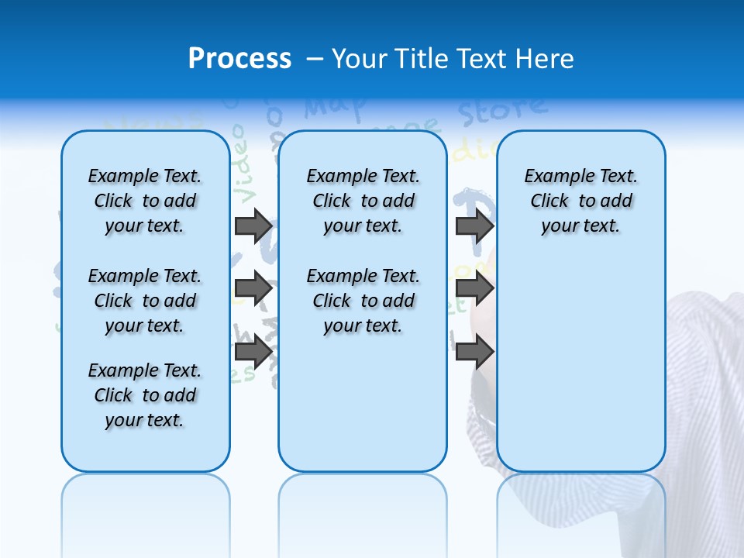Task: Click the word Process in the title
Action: coord(239,59)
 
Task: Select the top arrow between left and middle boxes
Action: coord(253,226)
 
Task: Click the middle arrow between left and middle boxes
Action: coord(253,289)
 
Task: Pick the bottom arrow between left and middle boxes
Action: coord(253,353)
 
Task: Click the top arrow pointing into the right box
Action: coord(474,226)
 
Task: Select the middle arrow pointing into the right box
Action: coord(474,289)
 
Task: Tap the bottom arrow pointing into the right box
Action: coord(474,353)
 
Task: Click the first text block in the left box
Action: coord(145,201)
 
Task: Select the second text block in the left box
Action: coord(145,301)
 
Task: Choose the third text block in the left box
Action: coord(145,395)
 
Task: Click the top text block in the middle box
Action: coord(363,201)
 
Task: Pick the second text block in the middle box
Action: coord(363,301)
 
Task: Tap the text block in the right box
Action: coord(581,201)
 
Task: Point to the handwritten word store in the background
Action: coord(501,111)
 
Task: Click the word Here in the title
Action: coord(547,59)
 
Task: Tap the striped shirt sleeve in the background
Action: coord(705,387)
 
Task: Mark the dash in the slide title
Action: coord(315,59)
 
